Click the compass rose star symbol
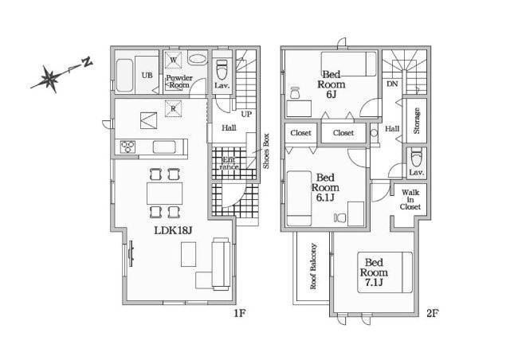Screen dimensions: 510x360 49,78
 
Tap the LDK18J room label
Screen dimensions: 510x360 174,230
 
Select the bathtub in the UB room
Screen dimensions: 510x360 124,75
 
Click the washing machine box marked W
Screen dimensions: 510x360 173,61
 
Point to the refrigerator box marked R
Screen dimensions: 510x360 173,108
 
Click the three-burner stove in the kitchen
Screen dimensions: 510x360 127,147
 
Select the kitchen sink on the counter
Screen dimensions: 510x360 164,147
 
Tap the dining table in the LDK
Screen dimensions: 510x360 164,194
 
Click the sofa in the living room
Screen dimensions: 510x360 221,264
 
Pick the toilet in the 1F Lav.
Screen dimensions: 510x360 222,69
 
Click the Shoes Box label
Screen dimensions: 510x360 266,151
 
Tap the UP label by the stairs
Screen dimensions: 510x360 246,114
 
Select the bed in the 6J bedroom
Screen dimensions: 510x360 349,64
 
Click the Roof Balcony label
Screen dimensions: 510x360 313,266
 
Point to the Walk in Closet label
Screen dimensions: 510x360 410,199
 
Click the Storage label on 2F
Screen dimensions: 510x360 416,120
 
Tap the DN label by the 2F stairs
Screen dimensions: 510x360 392,84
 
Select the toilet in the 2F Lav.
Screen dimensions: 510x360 416,157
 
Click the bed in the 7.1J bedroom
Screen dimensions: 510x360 385,272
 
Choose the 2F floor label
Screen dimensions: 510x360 433,313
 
